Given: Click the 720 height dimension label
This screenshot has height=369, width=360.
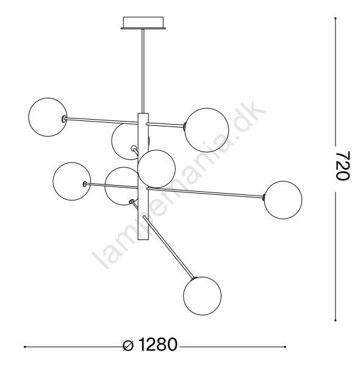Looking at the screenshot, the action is [x=343, y=166].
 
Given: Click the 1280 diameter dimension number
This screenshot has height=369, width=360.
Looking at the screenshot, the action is [x=157, y=345].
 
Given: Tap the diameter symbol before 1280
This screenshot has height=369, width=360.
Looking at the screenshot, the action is [x=128, y=346].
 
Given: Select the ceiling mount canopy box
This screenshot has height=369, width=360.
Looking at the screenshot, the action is [x=143, y=23].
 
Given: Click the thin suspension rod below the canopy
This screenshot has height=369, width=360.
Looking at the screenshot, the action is [x=143, y=71].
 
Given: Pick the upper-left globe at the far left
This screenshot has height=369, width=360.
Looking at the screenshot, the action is [x=48, y=117].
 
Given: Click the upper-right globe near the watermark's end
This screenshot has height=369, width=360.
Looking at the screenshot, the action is [x=207, y=130].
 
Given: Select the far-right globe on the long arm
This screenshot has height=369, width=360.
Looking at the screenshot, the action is [x=283, y=200].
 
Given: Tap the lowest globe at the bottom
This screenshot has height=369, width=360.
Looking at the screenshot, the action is [x=202, y=296].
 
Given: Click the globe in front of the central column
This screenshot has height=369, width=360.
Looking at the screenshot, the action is [x=156, y=169].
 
